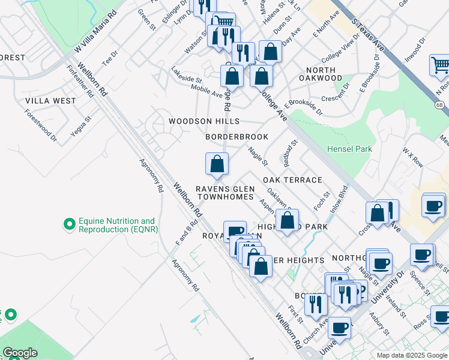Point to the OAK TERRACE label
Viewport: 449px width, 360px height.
click(292, 180)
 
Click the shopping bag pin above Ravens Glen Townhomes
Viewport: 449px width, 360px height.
click(217, 164)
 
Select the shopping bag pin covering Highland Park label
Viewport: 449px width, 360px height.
click(288, 220)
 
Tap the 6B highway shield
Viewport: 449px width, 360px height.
click(439, 104)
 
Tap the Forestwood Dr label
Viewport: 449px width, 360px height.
click(41, 125)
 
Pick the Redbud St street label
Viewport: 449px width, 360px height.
click(288, 154)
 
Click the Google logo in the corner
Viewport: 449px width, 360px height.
click(20, 353)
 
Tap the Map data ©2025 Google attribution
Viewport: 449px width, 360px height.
click(411, 355)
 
